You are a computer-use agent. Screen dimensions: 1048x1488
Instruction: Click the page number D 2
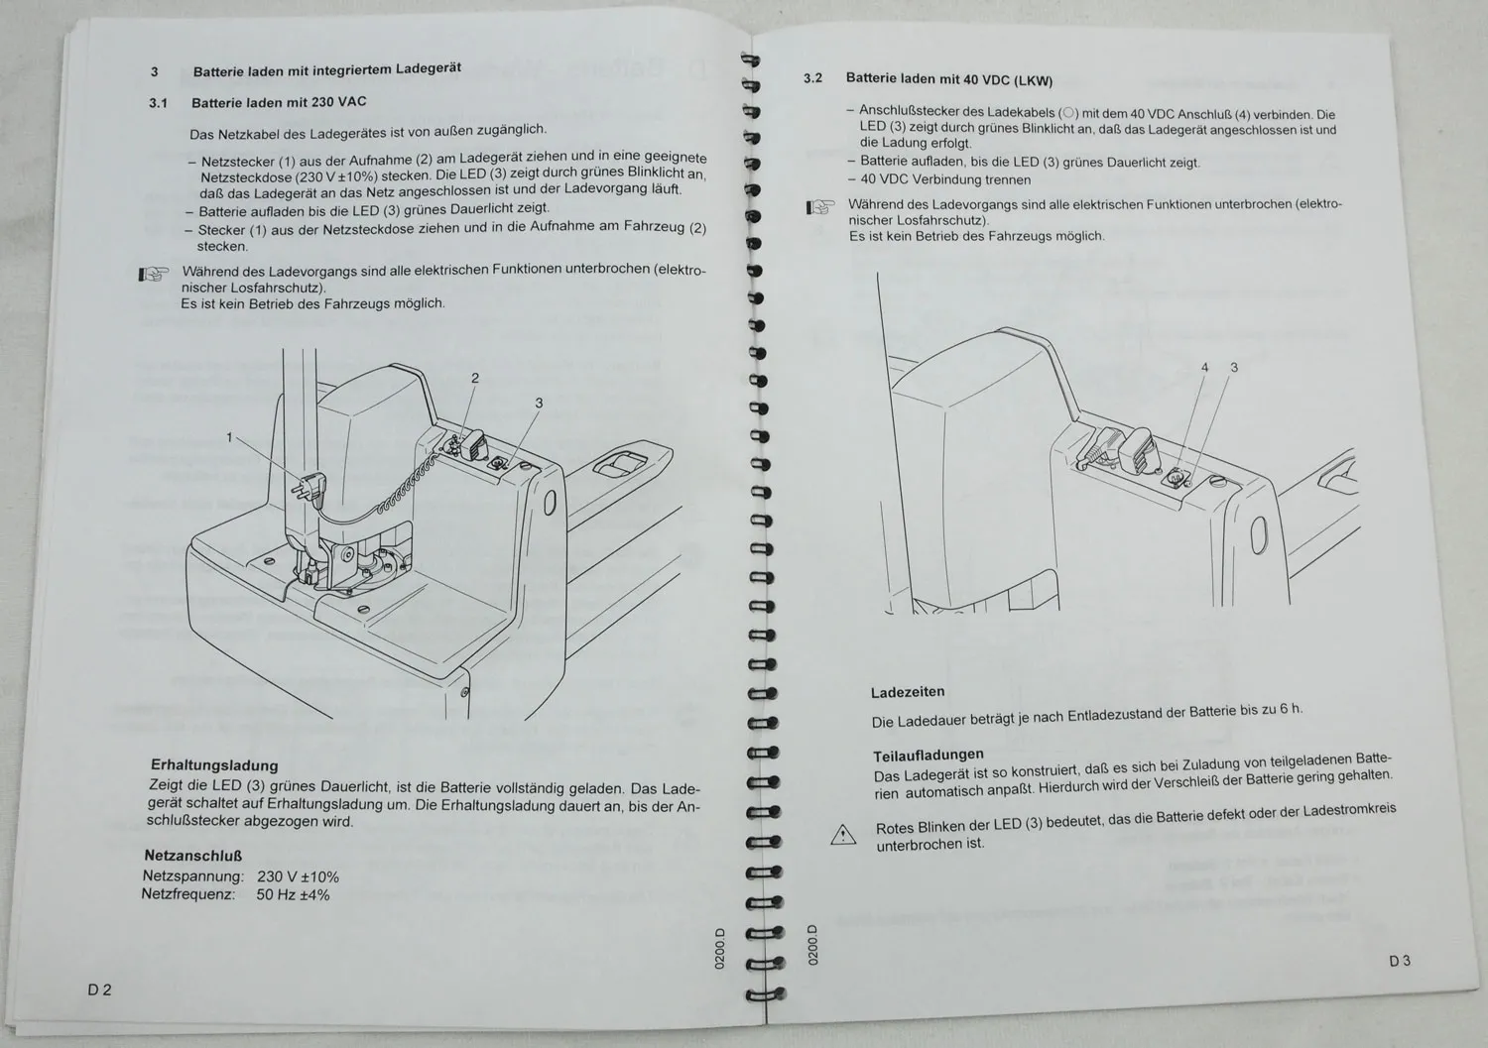[x=99, y=990]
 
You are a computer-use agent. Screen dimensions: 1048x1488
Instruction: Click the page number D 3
[x=1399, y=961]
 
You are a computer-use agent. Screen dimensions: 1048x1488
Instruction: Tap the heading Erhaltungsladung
[x=214, y=765]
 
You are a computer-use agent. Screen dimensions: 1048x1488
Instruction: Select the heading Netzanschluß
[x=193, y=855]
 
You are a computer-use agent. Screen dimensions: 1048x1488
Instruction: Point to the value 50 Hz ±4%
[x=293, y=894]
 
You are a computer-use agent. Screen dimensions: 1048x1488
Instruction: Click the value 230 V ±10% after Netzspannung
[x=298, y=876]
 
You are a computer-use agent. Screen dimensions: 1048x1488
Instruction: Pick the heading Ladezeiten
[x=908, y=692]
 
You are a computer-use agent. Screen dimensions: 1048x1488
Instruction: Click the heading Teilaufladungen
[x=929, y=756]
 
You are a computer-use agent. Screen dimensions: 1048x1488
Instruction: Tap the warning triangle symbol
[x=842, y=835]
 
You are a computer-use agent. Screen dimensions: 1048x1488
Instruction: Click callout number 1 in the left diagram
[x=229, y=437]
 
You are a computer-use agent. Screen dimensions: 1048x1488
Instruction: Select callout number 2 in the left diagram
[x=475, y=378]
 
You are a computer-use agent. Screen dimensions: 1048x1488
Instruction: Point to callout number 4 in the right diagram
[x=1205, y=368]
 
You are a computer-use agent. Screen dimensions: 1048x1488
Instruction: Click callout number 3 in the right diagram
[x=1234, y=368]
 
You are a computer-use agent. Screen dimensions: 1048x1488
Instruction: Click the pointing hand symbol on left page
[x=153, y=275]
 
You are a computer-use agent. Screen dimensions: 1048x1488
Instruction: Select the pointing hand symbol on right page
[x=819, y=207]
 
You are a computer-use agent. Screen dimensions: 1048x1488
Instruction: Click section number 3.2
[x=812, y=77]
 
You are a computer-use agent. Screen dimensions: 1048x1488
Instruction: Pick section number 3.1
[x=158, y=102]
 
